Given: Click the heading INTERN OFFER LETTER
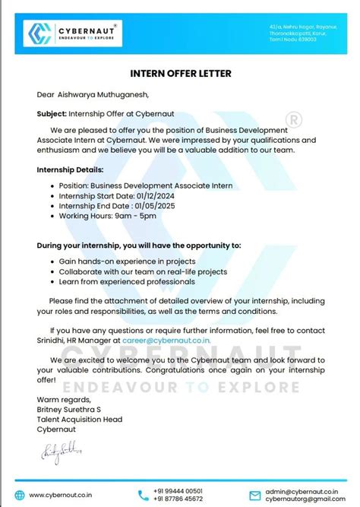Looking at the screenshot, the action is pos(179,74).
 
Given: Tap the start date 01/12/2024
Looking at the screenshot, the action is pos(159,195).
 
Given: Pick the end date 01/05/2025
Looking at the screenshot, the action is pos(156,205).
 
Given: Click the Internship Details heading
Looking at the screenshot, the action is pos(71,170).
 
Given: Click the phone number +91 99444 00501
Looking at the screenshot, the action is pos(180,490).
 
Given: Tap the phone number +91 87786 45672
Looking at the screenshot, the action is pos(180,499).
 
